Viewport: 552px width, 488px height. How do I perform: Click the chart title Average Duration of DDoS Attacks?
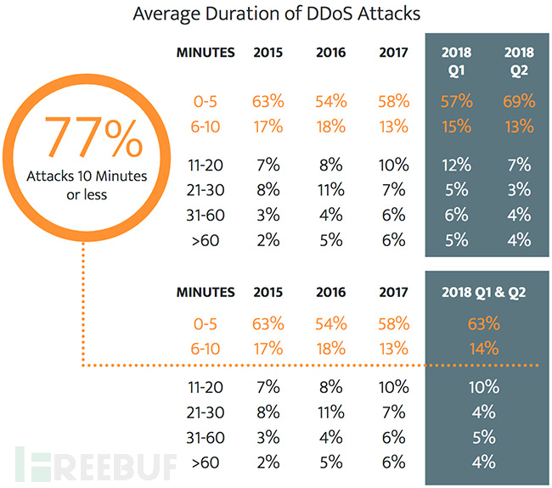tap(276, 15)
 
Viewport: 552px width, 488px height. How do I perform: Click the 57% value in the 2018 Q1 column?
tap(455, 102)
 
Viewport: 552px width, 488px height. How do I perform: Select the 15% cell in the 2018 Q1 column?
tap(455, 126)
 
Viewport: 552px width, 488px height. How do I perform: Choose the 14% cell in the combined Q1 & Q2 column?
tap(482, 349)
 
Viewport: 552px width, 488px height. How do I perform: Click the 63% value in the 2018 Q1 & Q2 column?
tap(482, 324)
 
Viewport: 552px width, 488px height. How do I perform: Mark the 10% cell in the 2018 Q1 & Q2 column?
tap(482, 387)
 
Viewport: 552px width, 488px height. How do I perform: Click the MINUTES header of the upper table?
tap(205, 52)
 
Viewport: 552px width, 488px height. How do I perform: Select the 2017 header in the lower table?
tap(393, 292)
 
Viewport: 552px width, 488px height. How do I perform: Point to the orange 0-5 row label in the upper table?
tap(205, 102)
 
